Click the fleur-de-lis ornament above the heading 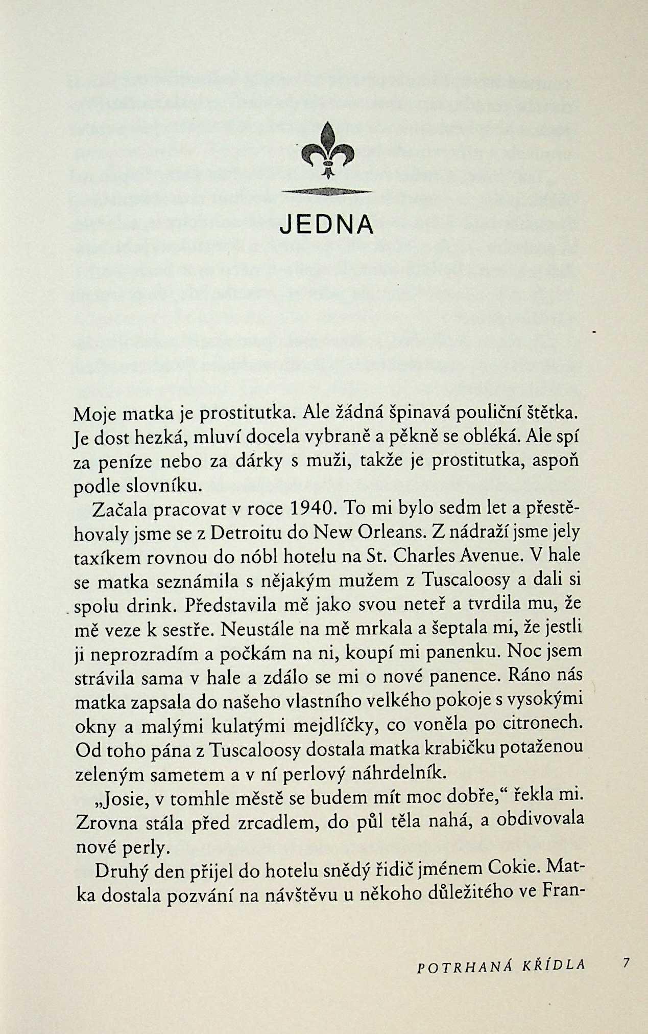327,151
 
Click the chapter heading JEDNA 327,224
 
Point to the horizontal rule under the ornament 327,192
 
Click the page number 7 626,963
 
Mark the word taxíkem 107,557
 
